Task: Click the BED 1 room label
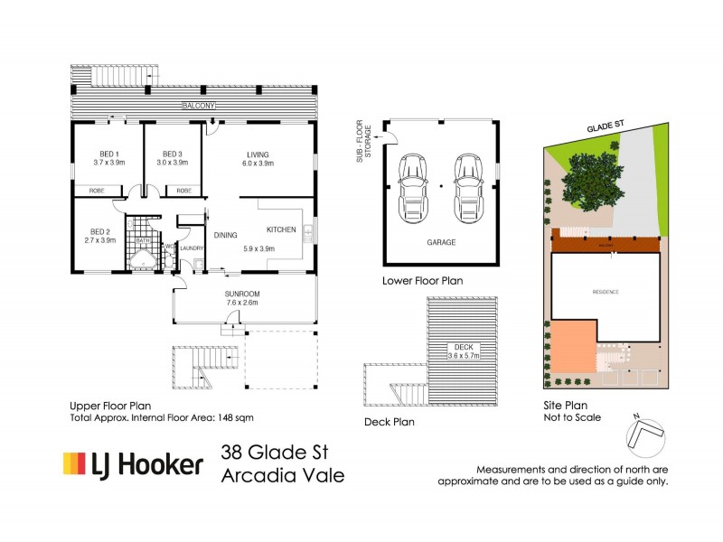108,153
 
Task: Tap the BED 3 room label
172,153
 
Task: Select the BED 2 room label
99,230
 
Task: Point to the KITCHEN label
281,230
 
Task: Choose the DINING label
225,236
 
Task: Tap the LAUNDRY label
192,248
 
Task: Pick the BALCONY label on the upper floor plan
197,107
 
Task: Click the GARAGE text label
441,243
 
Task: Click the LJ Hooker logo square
73,464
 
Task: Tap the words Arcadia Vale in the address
282,476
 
